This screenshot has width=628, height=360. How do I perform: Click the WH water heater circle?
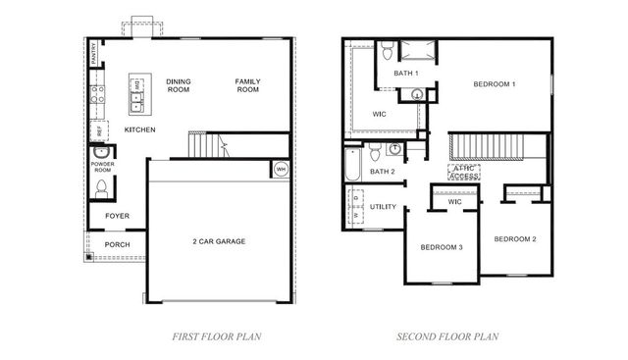[281, 168]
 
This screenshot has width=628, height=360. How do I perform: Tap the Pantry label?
[94, 53]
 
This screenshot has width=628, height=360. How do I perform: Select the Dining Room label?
[179, 85]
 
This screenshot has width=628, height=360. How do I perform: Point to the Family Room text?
[247, 85]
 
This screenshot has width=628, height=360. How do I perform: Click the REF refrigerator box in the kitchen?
[98, 130]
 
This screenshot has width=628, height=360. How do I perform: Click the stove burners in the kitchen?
[97, 95]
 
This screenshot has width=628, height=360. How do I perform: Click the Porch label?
[117, 244]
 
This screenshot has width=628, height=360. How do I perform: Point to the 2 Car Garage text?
[218, 240]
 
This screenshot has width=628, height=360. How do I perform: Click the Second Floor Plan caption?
[446, 336]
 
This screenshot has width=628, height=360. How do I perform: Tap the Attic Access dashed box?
[465, 173]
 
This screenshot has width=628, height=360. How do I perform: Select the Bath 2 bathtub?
[352, 163]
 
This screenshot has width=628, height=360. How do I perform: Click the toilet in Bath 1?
[388, 51]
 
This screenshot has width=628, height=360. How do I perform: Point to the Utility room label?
[383, 207]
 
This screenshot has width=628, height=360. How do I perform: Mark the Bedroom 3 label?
[441, 246]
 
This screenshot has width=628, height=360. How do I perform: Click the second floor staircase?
[486, 148]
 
